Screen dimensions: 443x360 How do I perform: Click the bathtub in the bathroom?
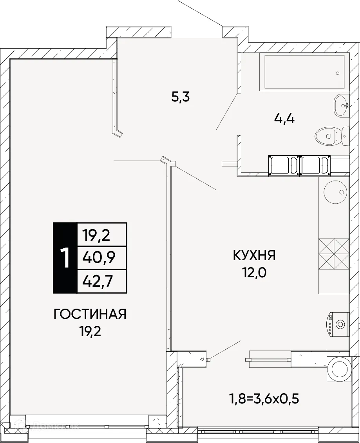[304, 72]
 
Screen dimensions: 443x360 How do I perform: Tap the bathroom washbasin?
[341, 105]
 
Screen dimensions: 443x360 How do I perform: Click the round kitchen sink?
[336, 192]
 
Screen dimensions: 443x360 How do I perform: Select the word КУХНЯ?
[255, 256]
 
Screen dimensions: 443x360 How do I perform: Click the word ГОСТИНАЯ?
[90, 314]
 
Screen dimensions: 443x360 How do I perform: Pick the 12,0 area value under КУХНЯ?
[255, 273]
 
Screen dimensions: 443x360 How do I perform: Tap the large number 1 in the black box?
[65, 258]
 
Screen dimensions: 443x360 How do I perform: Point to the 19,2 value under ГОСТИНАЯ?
[90, 332]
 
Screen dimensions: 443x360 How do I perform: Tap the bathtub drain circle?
[337, 73]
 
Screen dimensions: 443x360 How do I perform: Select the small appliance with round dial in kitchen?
[337, 324]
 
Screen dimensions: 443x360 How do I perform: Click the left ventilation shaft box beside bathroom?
[284, 165]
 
